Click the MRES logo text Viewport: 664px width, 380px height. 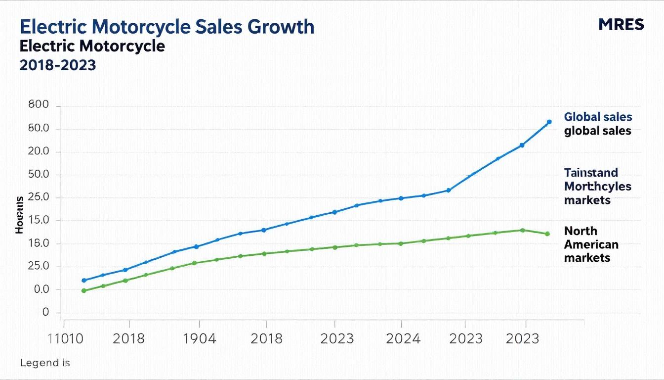coord(621,24)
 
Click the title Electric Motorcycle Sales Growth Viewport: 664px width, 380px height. coord(167,26)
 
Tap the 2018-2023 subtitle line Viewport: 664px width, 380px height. coord(58,65)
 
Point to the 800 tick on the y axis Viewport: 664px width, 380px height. coord(39,106)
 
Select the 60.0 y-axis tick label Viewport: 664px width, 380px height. coord(39,129)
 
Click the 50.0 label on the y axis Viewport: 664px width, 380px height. coord(39,175)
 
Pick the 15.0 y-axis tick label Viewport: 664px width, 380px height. coord(39,220)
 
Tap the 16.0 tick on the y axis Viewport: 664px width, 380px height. coord(39,243)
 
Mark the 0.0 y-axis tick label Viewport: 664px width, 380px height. coord(39,289)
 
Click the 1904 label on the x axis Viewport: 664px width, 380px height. coord(199,339)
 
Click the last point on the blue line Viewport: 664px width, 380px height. coord(549,122)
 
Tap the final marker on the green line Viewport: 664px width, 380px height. coord(547,234)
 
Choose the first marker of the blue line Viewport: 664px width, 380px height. coord(84,280)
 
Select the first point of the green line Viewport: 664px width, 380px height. coord(84,290)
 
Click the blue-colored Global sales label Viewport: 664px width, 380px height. coord(598,117)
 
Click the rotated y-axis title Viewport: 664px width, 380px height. coord(19,215)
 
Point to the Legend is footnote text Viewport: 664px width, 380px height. coord(45,363)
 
